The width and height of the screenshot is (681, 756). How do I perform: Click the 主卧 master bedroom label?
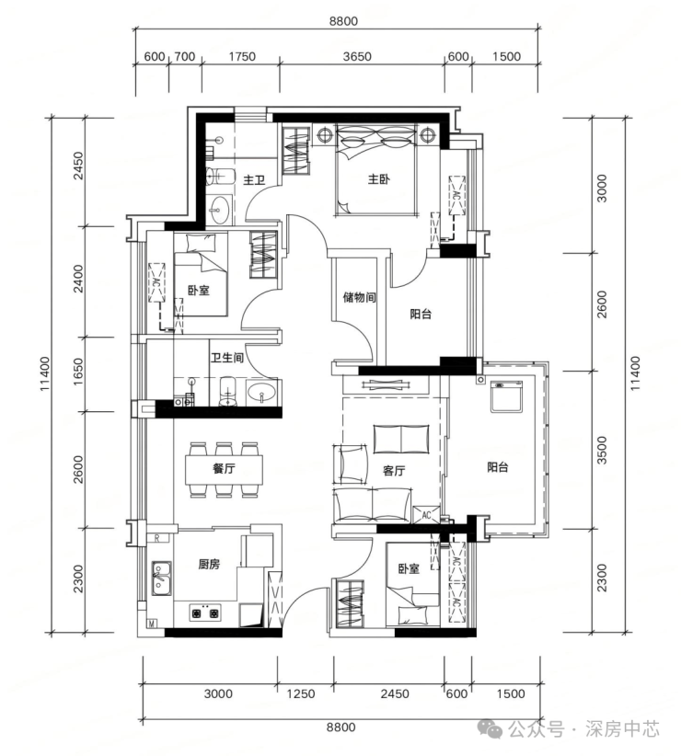coord(378,179)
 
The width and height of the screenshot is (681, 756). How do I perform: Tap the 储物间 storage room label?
coord(359,297)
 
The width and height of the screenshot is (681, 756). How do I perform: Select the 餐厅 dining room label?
coord(224,468)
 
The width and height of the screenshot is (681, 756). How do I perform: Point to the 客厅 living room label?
coord(394,471)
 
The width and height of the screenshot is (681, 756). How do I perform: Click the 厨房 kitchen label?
coord(209,564)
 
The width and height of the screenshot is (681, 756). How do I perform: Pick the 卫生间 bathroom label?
coord(226,358)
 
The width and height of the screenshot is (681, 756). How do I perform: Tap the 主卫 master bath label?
coord(254,180)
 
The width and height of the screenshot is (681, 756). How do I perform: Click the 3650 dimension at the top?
coord(357,56)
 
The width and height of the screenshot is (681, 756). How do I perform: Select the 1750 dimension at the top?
coord(242,56)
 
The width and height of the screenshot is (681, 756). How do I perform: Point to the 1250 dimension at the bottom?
coord(301,693)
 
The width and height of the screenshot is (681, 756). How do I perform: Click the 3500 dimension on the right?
coord(602,450)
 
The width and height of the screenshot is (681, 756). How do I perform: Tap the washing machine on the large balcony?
coord(507,396)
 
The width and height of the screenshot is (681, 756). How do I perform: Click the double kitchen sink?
coord(162,578)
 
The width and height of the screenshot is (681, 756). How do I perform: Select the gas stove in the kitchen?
coord(204,613)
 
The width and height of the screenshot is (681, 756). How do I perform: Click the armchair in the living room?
coord(350,464)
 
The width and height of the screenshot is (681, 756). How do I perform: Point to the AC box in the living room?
coord(426,514)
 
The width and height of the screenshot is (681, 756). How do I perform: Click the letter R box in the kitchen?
coord(157,539)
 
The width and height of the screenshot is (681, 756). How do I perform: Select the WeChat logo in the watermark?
coord(491,728)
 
